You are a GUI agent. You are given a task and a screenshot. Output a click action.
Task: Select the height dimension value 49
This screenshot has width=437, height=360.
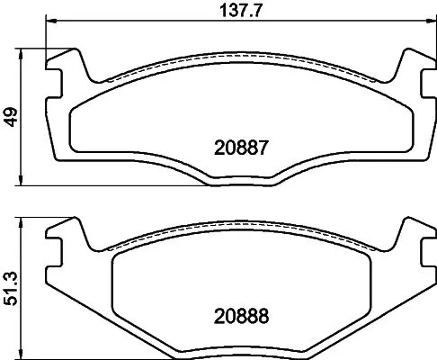point(10,118)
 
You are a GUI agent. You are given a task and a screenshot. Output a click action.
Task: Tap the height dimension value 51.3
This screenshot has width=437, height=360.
point(10,286)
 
